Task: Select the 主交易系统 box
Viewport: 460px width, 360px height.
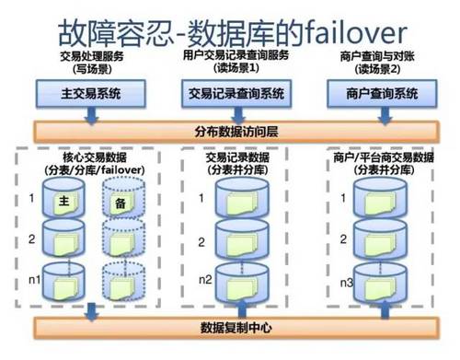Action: click(x=88, y=94)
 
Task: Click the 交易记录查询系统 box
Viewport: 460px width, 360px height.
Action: click(x=236, y=94)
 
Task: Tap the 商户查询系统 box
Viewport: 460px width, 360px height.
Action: click(x=380, y=94)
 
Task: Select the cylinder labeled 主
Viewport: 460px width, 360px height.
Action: click(x=64, y=202)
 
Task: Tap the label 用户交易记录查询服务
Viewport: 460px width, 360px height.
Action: click(x=236, y=56)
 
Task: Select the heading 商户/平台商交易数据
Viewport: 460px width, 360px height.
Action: click(x=381, y=157)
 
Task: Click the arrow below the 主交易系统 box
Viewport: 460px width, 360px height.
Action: click(x=88, y=114)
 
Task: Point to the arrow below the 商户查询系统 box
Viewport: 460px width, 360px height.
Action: click(x=380, y=114)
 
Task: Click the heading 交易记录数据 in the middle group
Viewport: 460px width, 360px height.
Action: click(x=236, y=157)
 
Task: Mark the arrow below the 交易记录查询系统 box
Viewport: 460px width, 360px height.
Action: click(x=236, y=114)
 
